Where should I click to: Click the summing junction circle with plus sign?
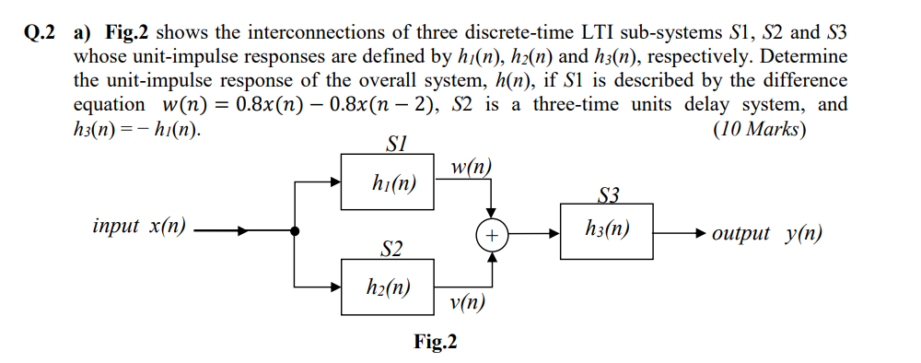493,236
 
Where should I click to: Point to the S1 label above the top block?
394,144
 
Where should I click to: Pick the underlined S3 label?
610,194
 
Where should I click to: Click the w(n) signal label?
472,167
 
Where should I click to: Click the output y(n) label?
767,233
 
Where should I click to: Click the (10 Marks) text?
760,128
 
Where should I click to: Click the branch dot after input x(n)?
294,232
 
